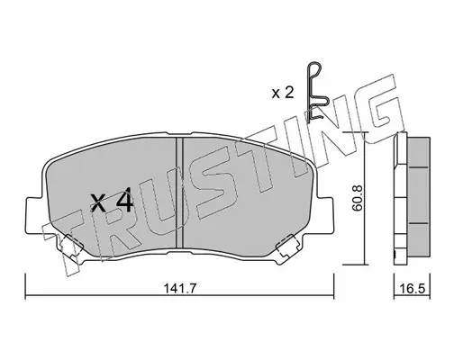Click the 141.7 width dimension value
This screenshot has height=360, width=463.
[x=180, y=289]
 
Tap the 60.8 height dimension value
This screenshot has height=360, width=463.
[x=358, y=199]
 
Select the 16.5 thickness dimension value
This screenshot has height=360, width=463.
[x=413, y=289]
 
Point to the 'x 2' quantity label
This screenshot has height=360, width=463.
[x=283, y=94]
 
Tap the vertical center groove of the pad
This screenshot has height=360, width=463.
[x=179, y=193]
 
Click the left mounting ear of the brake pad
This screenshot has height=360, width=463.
[x=34, y=214]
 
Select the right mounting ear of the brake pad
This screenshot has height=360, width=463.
[x=324, y=214]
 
